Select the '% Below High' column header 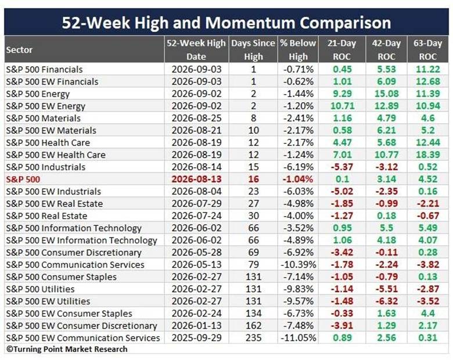point(298,50)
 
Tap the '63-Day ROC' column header point(427,50)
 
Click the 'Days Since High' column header point(253,50)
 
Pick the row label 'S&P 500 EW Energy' point(46,106)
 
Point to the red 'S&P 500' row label point(23,179)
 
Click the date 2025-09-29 point(196,337)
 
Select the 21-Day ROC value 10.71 point(342,106)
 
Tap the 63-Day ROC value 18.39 point(428,154)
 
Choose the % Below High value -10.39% point(298,264)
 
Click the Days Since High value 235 point(253,337)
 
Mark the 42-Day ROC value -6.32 point(387,301)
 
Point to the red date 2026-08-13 point(196,179)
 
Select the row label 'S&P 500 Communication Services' point(75,265)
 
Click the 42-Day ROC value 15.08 point(387,93)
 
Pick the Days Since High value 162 point(253,325)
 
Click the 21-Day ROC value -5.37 point(342,167)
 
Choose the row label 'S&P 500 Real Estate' point(46,216)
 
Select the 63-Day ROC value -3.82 point(428,264)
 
